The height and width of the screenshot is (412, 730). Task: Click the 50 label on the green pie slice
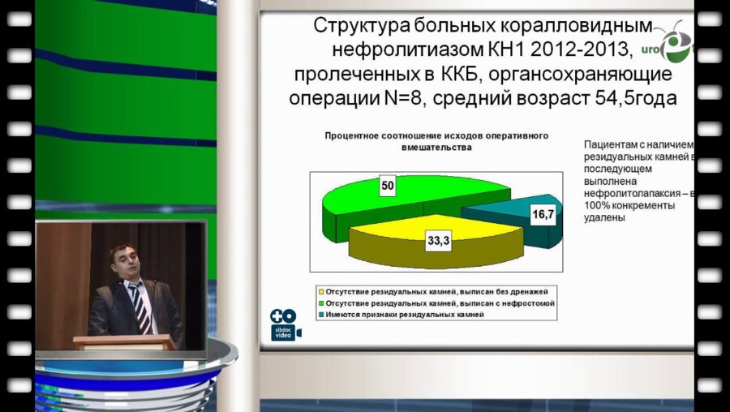coord(388,187)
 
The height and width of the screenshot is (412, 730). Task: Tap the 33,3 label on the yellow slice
coord(435,239)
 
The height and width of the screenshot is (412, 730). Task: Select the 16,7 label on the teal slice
coord(543,215)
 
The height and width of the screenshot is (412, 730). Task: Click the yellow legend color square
coord(321,290)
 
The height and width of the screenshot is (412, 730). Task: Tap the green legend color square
coord(321,302)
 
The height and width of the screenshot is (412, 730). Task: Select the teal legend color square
coord(321,314)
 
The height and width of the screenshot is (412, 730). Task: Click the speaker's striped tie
coord(140,304)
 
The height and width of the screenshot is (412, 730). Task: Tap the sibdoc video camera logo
coord(284,324)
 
